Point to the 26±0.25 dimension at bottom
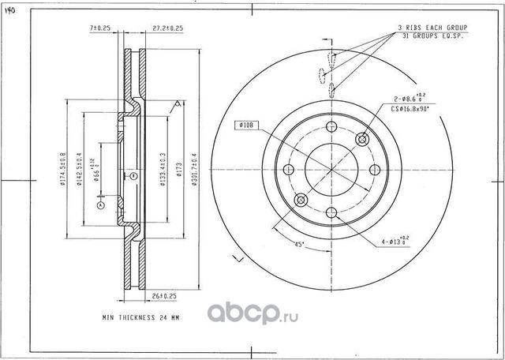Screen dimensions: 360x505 (163, 296)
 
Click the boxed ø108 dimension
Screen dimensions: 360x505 (245, 126)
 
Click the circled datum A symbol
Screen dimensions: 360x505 (101, 205)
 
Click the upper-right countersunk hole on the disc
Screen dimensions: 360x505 (362, 140)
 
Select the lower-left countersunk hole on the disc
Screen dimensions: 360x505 (300, 201)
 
